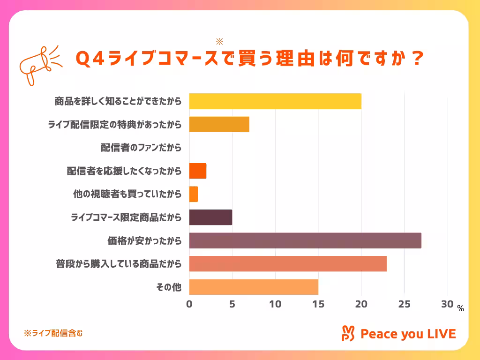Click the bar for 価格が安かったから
(x=305, y=240)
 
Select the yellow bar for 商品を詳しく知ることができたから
(x=275, y=101)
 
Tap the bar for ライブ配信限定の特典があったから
(x=219, y=125)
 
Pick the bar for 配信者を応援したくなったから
(x=197, y=171)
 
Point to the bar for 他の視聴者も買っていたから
(x=193, y=194)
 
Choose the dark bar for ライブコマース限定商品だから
(x=210, y=217)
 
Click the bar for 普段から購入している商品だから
(x=288, y=264)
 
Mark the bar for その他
(x=254, y=287)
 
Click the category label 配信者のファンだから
(x=141, y=148)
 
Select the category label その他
(x=169, y=287)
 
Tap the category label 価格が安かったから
(x=144, y=241)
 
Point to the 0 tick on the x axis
(x=189, y=304)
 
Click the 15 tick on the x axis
(x=318, y=304)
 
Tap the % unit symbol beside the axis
(x=460, y=308)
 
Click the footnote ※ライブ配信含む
(x=53, y=333)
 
